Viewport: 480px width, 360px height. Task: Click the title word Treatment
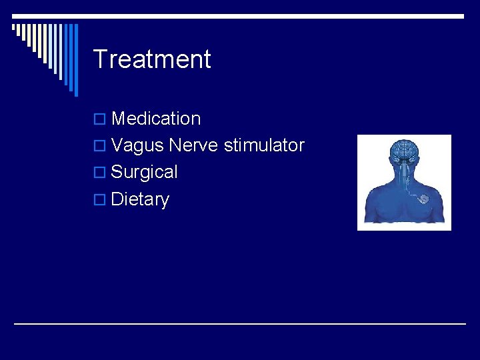(x=152, y=59)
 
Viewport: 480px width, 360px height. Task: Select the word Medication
(x=156, y=119)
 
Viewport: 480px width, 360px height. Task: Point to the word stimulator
(x=264, y=145)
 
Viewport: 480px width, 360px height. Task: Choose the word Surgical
(x=145, y=172)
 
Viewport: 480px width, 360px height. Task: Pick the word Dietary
(x=140, y=199)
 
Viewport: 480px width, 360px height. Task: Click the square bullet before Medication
(x=99, y=119)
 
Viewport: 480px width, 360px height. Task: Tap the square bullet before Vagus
(x=99, y=146)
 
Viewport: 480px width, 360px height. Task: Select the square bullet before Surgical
(x=99, y=173)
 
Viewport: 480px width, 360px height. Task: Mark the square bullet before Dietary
(x=99, y=200)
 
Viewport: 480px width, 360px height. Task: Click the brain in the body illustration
(x=404, y=150)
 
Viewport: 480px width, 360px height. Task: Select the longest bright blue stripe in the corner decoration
(x=75, y=60)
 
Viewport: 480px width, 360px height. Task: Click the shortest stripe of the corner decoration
(x=15, y=29)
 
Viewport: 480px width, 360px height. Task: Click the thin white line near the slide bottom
(x=240, y=324)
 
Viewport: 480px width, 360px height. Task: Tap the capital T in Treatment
(x=99, y=59)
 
